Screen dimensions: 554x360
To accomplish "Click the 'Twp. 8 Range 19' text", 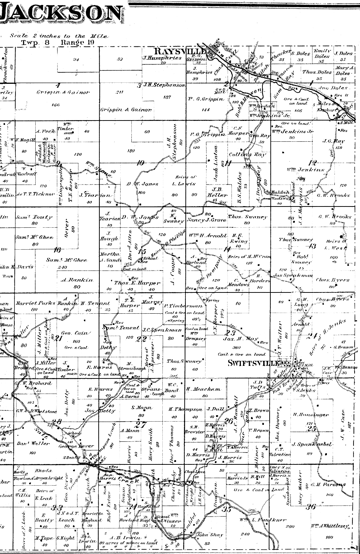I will click(x=57, y=42).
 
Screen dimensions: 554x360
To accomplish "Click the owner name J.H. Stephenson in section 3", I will click(x=165, y=86).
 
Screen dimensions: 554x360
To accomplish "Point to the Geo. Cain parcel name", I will click(x=75, y=333).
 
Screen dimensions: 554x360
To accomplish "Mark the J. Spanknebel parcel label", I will click(x=312, y=444).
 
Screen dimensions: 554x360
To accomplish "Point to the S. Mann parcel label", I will click(x=141, y=408).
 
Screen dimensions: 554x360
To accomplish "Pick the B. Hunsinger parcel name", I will click(x=311, y=415).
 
